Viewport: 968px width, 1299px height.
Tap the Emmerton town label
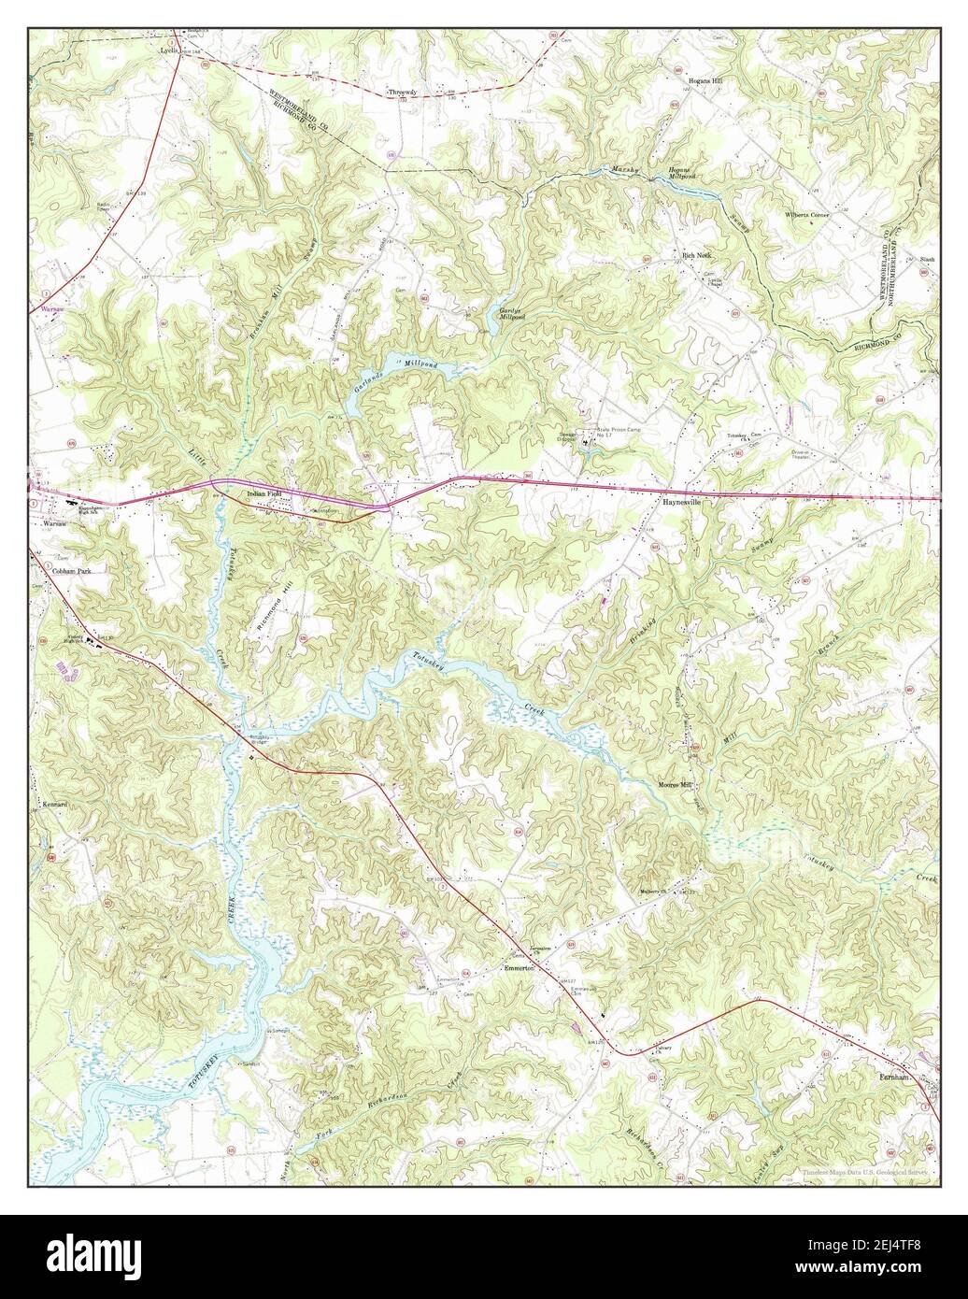tap(519, 968)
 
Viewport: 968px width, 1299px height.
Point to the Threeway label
tap(401, 92)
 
